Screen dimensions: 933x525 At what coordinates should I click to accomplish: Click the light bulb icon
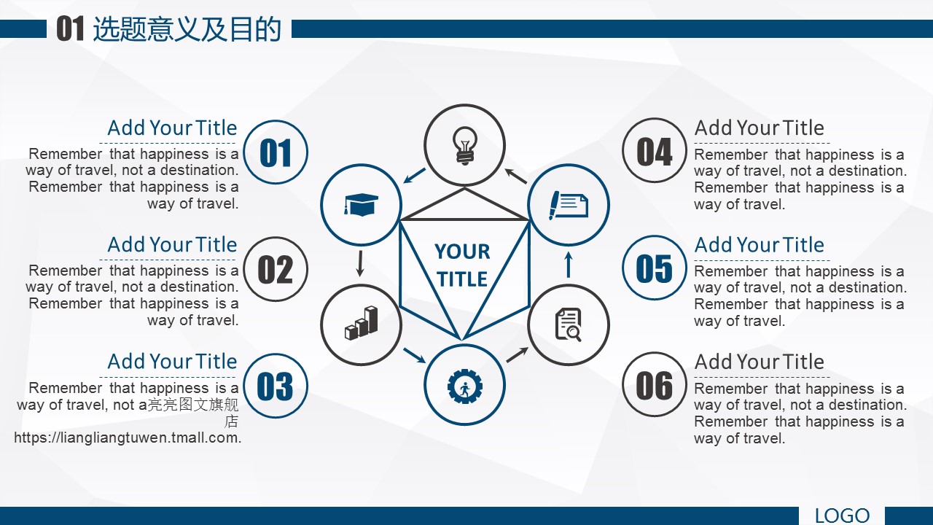coord(464,146)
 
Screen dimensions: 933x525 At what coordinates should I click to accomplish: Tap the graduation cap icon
coord(361,204)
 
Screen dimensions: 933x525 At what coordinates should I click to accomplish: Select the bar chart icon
coord(361,323)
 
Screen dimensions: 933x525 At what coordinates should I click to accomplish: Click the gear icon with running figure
coord(465,386)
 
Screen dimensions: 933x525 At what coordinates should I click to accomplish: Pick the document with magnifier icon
coord(568,324)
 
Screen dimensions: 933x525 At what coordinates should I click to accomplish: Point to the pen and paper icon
coord(569,205)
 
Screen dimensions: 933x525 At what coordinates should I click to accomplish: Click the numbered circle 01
coord(276,152)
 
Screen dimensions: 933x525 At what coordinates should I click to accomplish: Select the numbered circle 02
coord(276,269)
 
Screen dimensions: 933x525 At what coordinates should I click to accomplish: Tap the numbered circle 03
coord(276,386)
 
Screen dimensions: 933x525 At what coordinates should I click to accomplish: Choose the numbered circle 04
coord(655,150)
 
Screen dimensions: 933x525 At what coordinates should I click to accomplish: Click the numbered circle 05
coord(655,268)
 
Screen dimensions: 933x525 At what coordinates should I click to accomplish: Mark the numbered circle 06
coord(655,384)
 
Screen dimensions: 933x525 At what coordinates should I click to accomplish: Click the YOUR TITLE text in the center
coord(462,265)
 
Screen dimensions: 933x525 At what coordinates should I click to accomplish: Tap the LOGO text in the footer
coord(842,516)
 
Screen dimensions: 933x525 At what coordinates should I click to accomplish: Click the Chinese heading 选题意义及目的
coord(187,29)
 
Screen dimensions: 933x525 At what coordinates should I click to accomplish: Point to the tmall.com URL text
coord(128,437)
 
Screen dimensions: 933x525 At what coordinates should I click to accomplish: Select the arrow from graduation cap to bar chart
coord(360,263)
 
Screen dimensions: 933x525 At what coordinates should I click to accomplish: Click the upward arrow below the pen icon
coord(569,265)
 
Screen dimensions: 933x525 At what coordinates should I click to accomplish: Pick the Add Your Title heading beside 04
coord(759,128)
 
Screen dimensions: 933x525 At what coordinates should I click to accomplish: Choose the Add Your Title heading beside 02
coord(172,244)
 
